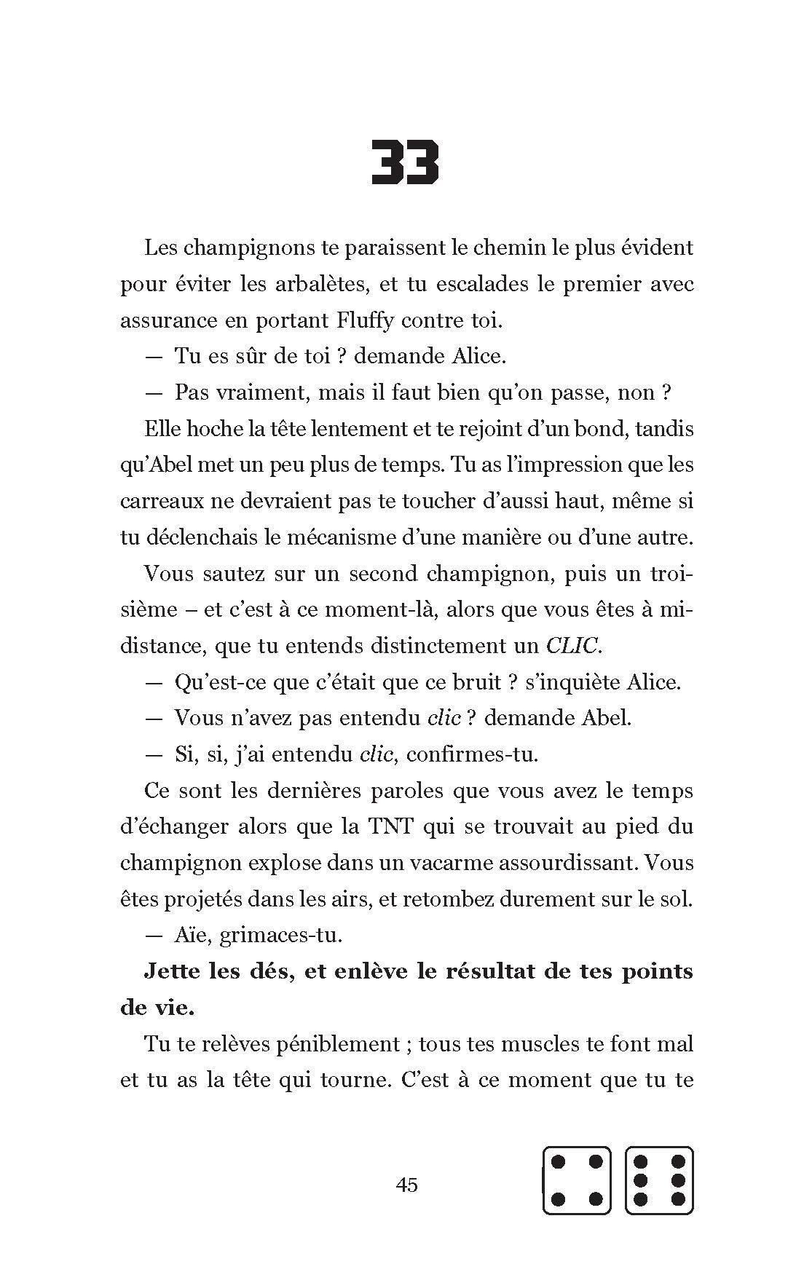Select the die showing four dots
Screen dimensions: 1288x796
(x=577, y=1180)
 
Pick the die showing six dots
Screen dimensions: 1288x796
(x=659, y=1180)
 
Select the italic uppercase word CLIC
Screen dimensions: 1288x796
(x=572, y=646)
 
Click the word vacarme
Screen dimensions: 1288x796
(x=442, y=863)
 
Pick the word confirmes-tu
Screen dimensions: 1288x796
(x=472, y=754)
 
